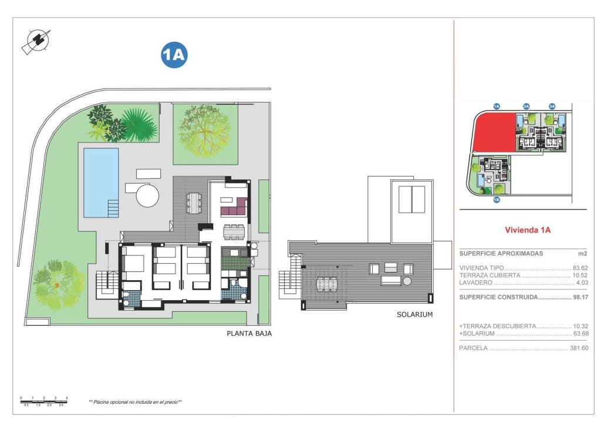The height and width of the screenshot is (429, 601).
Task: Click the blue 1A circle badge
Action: [174, 55]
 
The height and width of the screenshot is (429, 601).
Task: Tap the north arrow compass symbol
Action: [37, 41]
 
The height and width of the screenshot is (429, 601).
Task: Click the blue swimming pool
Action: [100, 181]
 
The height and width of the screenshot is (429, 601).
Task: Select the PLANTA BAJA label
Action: [249, 333]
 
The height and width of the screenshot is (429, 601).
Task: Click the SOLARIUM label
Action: [414, 315]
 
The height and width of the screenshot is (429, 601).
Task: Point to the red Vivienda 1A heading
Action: [528, 230]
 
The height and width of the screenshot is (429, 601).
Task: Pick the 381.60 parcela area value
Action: [579, 348]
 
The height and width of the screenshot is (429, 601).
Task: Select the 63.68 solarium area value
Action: [580, 333]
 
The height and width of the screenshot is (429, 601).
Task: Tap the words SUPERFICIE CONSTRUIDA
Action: [498, 297]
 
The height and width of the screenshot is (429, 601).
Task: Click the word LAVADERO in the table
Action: [476, 282]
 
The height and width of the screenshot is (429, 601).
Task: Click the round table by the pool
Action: [148, 195]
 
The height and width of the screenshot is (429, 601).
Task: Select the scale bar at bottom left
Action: [44, 401]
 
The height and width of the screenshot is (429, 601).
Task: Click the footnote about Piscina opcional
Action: [135, 402]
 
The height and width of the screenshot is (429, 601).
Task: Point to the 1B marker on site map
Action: [496, 200]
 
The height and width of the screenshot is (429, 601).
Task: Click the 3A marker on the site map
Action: [552, 106]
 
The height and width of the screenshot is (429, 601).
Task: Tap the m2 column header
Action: [582, 254]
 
